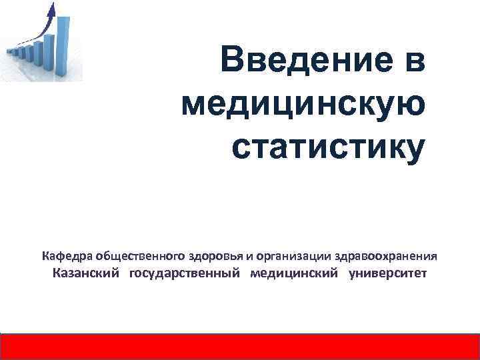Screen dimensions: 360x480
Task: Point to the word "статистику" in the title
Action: click(327, 146)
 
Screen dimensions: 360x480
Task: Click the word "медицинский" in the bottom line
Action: click(293, 274)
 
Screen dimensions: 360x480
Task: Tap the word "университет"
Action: click(387, 274)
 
